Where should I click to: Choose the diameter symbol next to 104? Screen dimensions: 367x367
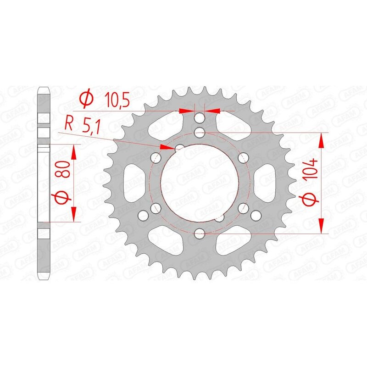(x=311, y=199)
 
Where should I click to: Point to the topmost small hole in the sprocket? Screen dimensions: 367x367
(x=200, y=119)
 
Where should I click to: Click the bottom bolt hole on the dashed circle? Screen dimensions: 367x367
(x=200, y=234)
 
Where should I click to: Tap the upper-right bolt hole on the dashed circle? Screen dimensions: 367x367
(x=244, y=158)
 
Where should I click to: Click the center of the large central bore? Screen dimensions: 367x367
(x=200, y=183)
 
